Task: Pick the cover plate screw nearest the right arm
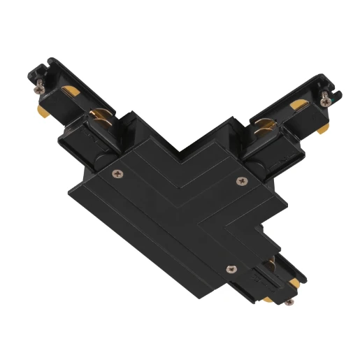(x=243, y=181)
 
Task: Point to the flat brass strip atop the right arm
(x=297, y=105)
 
